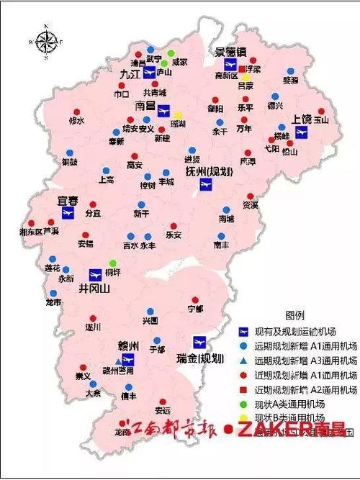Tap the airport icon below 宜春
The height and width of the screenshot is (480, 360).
coord(69,213)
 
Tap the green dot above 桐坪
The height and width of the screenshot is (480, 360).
coord(112,263)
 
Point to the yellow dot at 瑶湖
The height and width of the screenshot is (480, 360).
coord(178,114)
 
